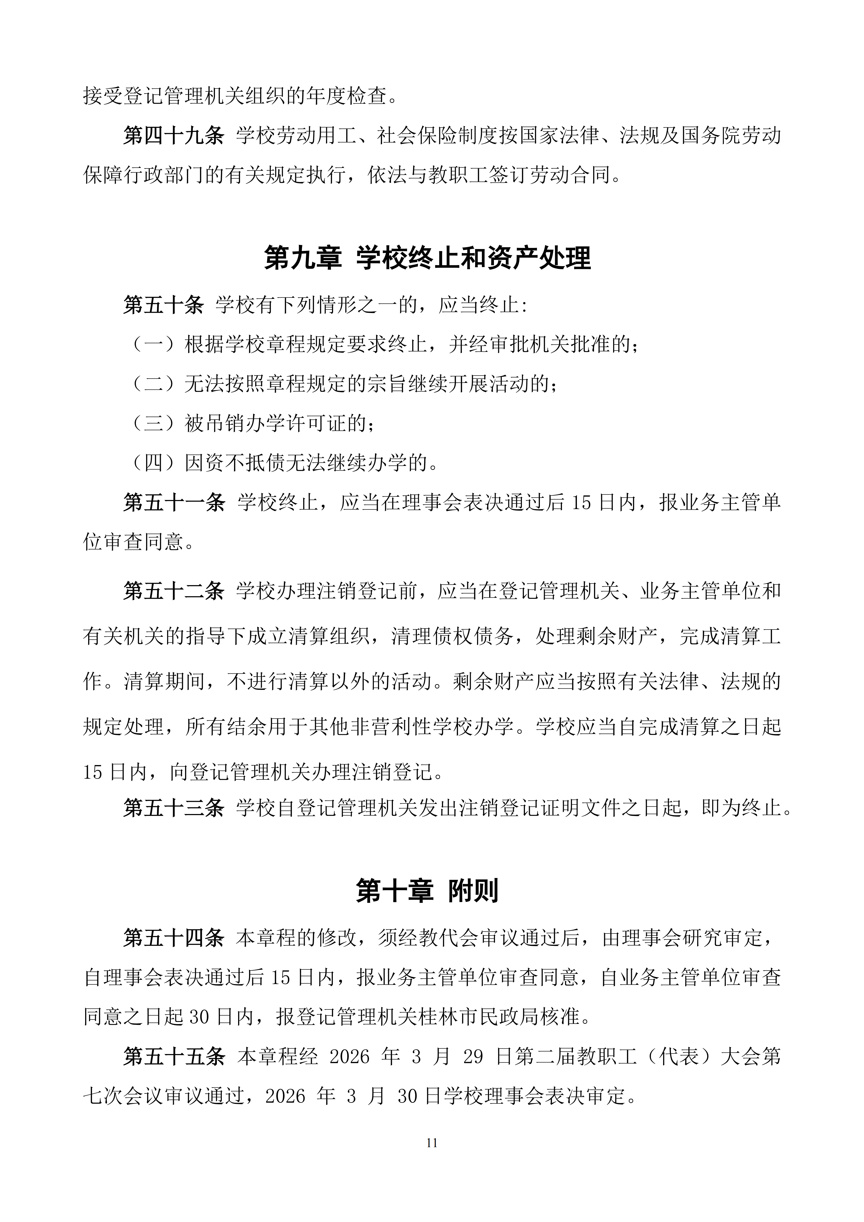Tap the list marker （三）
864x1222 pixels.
point(153,424)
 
